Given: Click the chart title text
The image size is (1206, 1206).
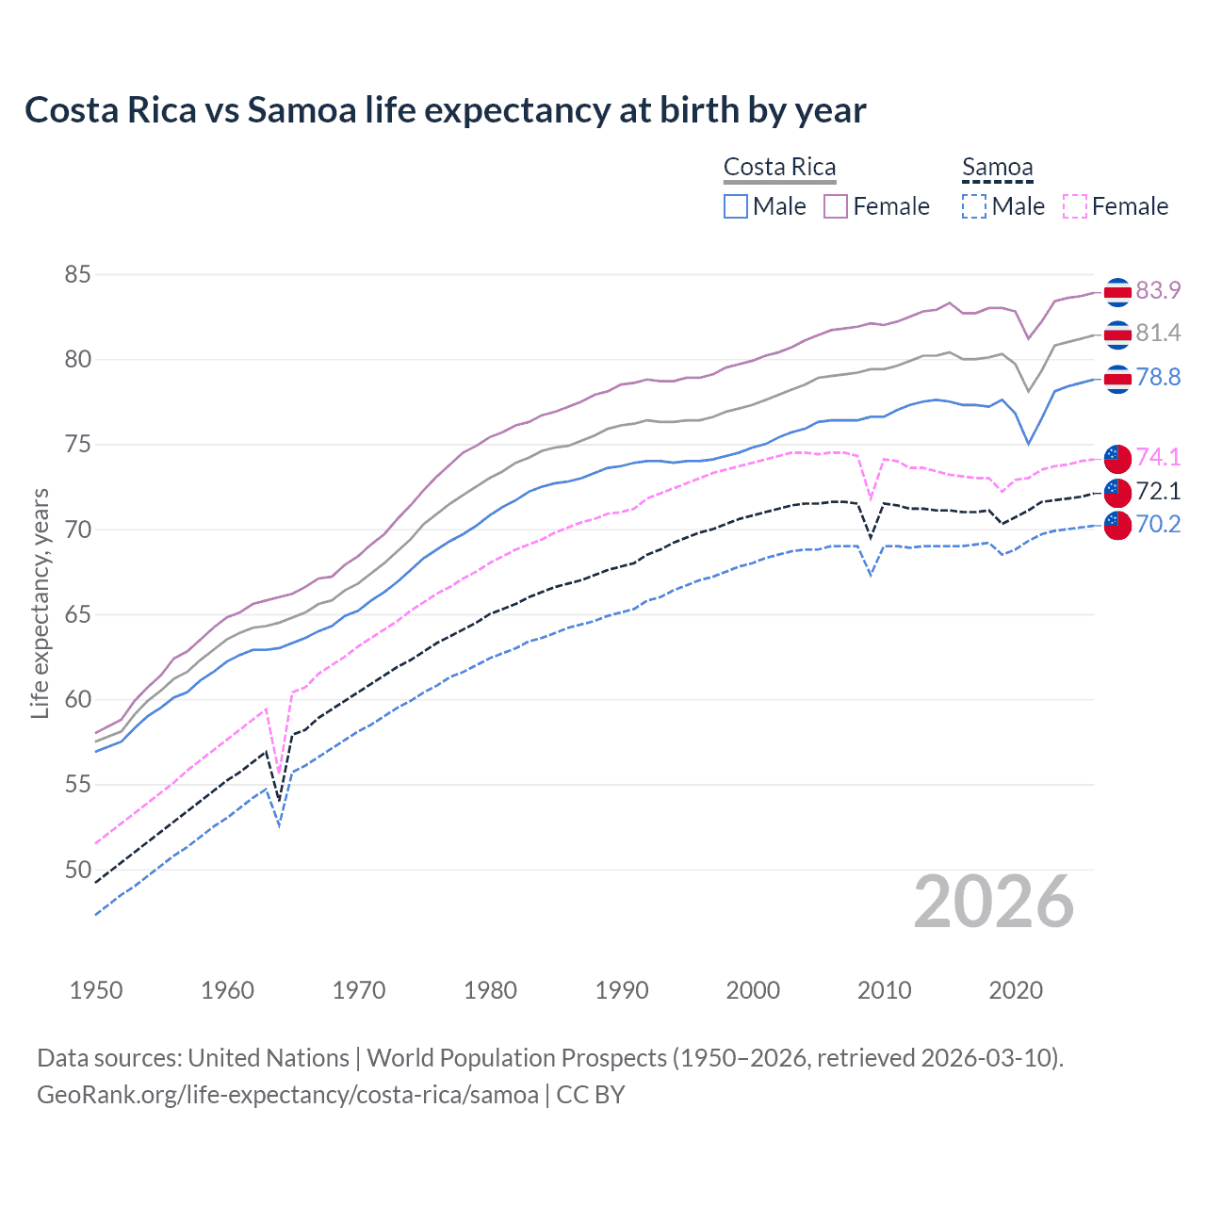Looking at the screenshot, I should pos(445,110).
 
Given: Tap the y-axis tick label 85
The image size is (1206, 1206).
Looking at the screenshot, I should pos(77,275).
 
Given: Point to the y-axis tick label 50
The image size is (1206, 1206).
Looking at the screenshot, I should pos(77,869).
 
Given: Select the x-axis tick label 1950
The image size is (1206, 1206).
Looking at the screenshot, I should pos(96,990).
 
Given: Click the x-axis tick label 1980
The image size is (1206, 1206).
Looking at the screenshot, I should pos(490,990).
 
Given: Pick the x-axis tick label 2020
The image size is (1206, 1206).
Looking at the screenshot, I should pos(1016,990).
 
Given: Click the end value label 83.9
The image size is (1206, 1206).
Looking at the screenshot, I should pos(1158,290).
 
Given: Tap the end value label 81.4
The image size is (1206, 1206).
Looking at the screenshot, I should pos(1158,333).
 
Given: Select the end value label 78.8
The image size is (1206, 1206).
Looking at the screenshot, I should pos(1158,378).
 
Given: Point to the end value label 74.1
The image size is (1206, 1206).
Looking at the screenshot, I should pos(1158,457).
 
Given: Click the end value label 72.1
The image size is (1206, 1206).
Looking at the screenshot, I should pos(1158,491).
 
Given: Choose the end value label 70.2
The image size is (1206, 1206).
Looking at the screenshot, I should pos(1158,525).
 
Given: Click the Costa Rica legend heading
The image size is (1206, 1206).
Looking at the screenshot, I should pos(779,167).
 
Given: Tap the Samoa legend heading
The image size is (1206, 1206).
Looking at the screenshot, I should pos(997,167).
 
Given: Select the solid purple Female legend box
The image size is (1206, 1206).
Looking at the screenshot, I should pos(836,206).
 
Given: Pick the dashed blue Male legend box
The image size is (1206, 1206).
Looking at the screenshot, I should pos(974,206).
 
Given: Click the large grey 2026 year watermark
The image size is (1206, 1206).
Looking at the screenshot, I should pos(993,902).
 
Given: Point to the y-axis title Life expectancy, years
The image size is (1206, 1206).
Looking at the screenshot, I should pos(40,603).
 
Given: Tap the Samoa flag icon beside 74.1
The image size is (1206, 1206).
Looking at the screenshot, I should pos(1116,457).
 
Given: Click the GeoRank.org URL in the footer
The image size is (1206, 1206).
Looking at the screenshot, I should pos(287,1095).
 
